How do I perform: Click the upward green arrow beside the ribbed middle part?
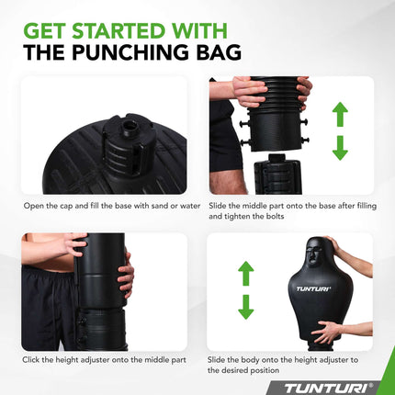coord(340,114)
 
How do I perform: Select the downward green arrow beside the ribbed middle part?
coord(340,146)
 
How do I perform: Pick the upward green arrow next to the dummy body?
coord(245,275)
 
